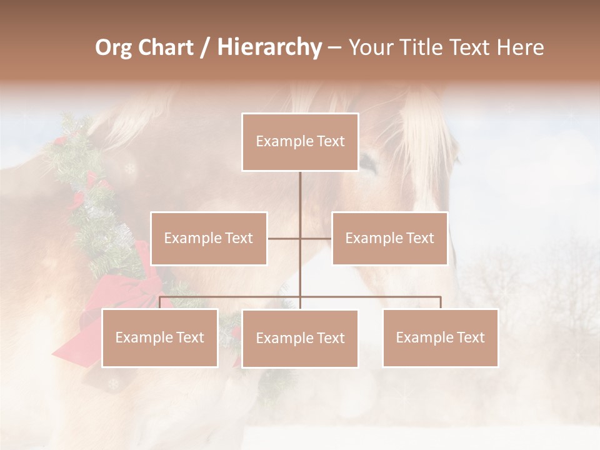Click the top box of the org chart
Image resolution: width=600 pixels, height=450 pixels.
[x=300, y=142]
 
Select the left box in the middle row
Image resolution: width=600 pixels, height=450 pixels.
[x=209, y=238]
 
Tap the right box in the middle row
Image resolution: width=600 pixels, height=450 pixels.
[x=389, y=238]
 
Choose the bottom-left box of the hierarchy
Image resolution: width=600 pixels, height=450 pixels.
[x=160, y=337]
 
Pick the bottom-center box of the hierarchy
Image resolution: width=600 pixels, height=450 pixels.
[x=300, y=338]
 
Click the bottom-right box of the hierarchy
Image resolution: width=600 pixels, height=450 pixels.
[x=440, y=337]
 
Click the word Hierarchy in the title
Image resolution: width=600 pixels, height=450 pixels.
[x=269, y=47]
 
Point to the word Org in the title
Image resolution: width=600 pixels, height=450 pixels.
[x=114, y=47]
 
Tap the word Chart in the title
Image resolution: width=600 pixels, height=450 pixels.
[x=167, y=47]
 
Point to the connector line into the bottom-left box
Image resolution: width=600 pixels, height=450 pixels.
[x=160, y=302]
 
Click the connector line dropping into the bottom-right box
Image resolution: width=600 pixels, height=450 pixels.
[x=441, y=302]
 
